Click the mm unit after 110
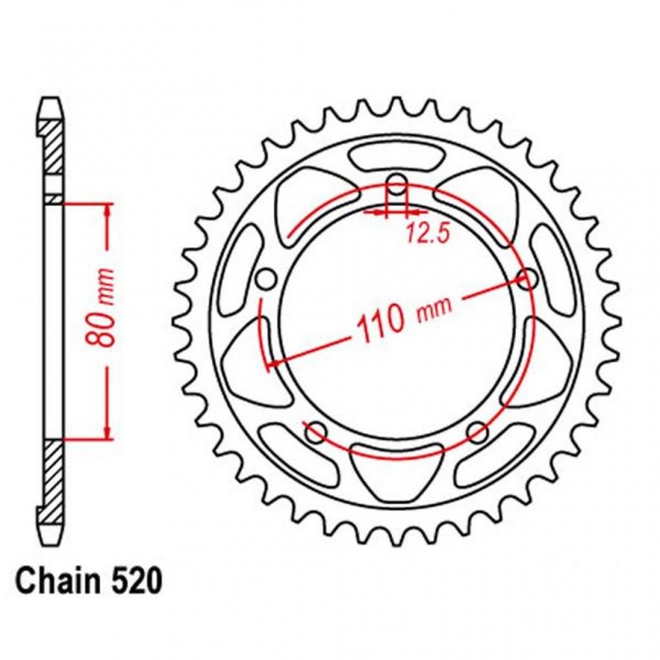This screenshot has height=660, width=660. (x=434, y=308)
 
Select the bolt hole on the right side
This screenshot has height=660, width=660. (x=526, y=278)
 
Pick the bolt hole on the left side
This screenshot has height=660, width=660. (x=266, y=279)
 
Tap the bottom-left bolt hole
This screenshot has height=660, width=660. (x=314, y=431)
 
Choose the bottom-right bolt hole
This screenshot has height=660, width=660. (x=477, y=431)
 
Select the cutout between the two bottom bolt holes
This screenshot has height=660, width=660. (x=395, y=469)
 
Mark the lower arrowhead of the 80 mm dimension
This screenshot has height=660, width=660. (x=106, y=431)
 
